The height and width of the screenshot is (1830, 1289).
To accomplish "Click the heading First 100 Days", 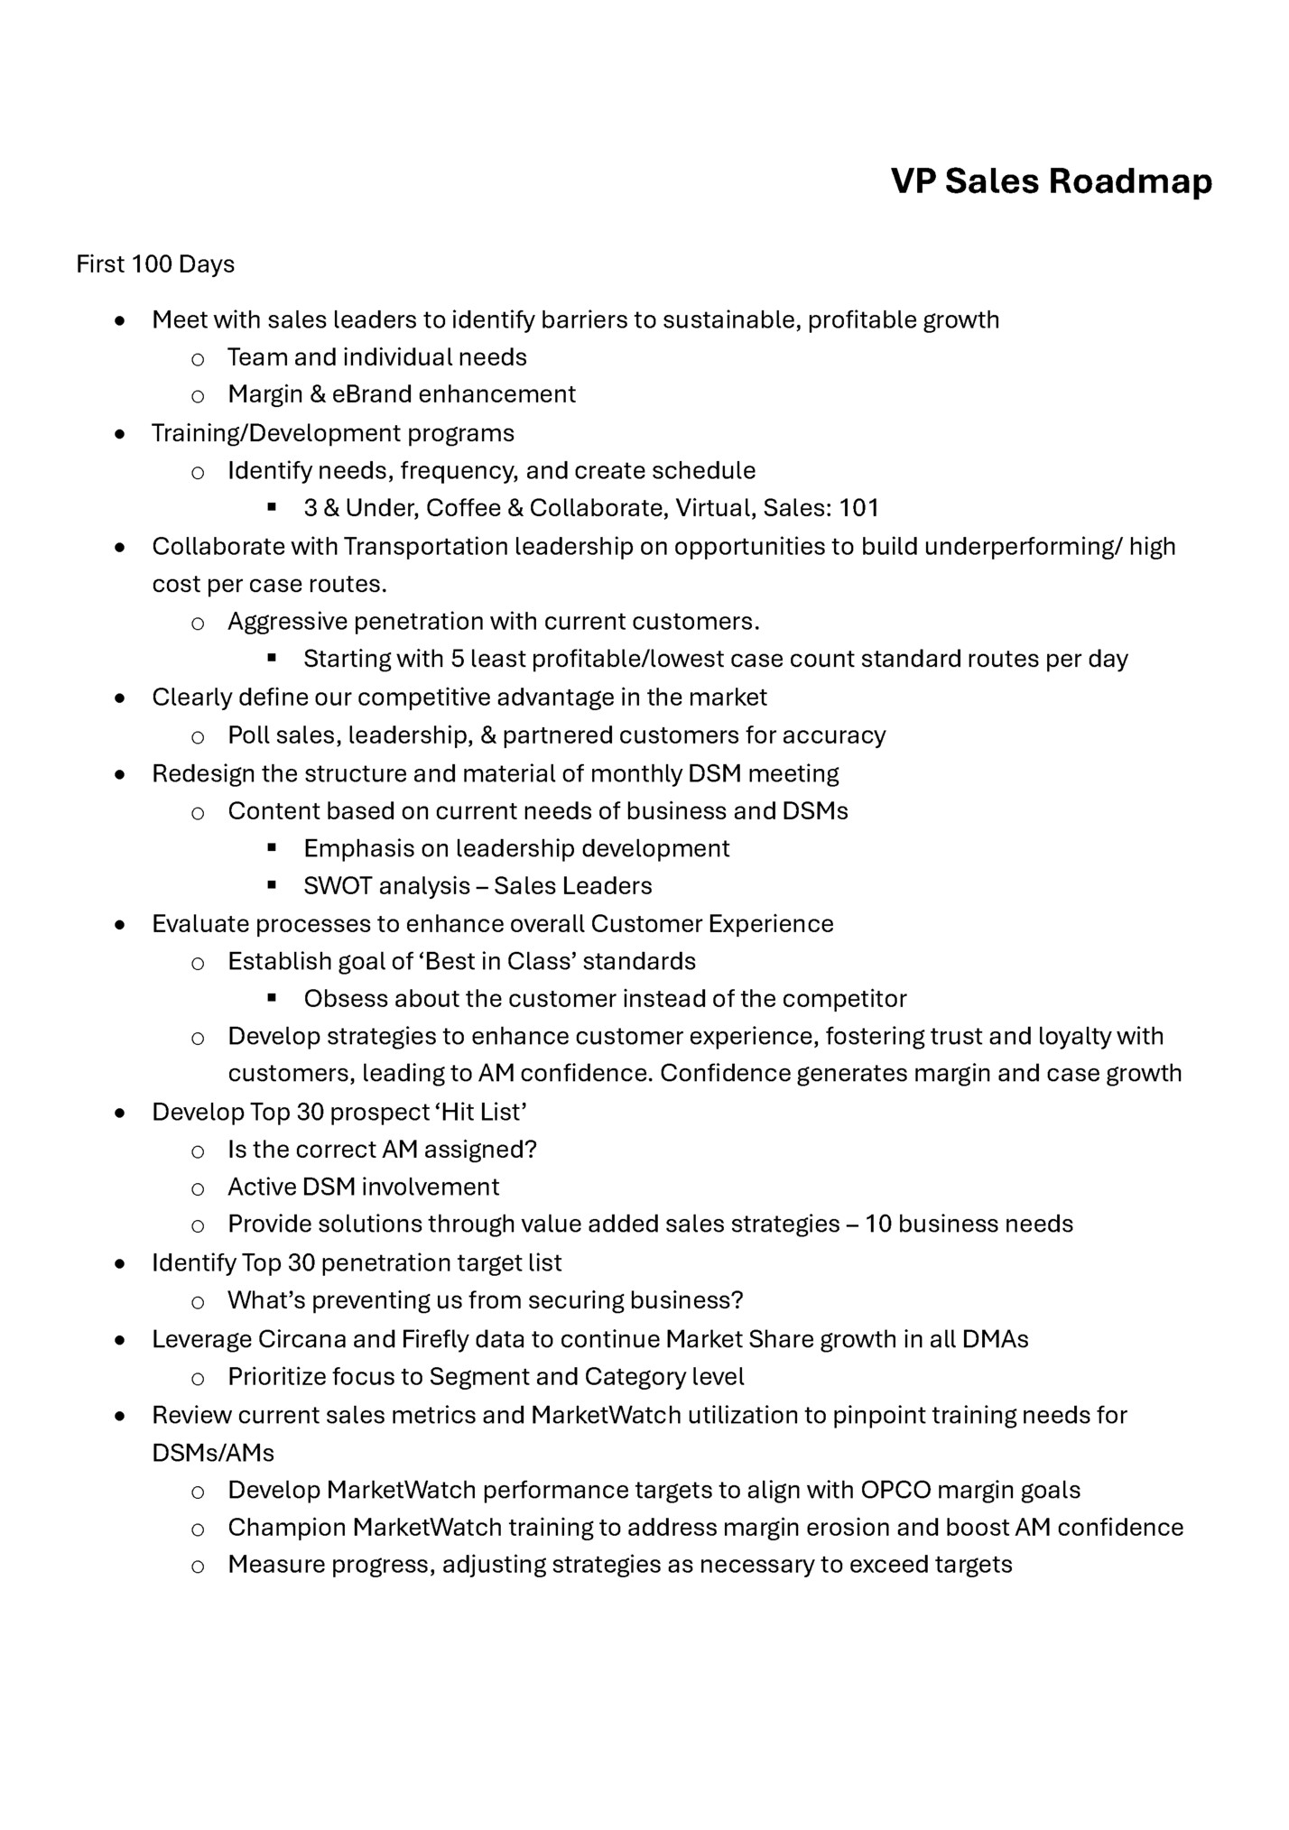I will point(155,264).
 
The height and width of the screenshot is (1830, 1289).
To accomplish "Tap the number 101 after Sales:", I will point(858,508).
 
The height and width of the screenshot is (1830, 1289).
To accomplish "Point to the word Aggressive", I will point(287,622).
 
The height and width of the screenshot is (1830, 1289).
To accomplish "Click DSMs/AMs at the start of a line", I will point(213,1453).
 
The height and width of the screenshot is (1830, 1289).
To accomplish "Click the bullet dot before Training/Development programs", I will point(119,434).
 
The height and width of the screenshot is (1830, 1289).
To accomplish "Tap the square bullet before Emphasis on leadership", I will point(271,848).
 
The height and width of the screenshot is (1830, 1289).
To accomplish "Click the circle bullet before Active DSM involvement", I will point(197,1188).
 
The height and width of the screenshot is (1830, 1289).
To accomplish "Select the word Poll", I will point(248,735).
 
